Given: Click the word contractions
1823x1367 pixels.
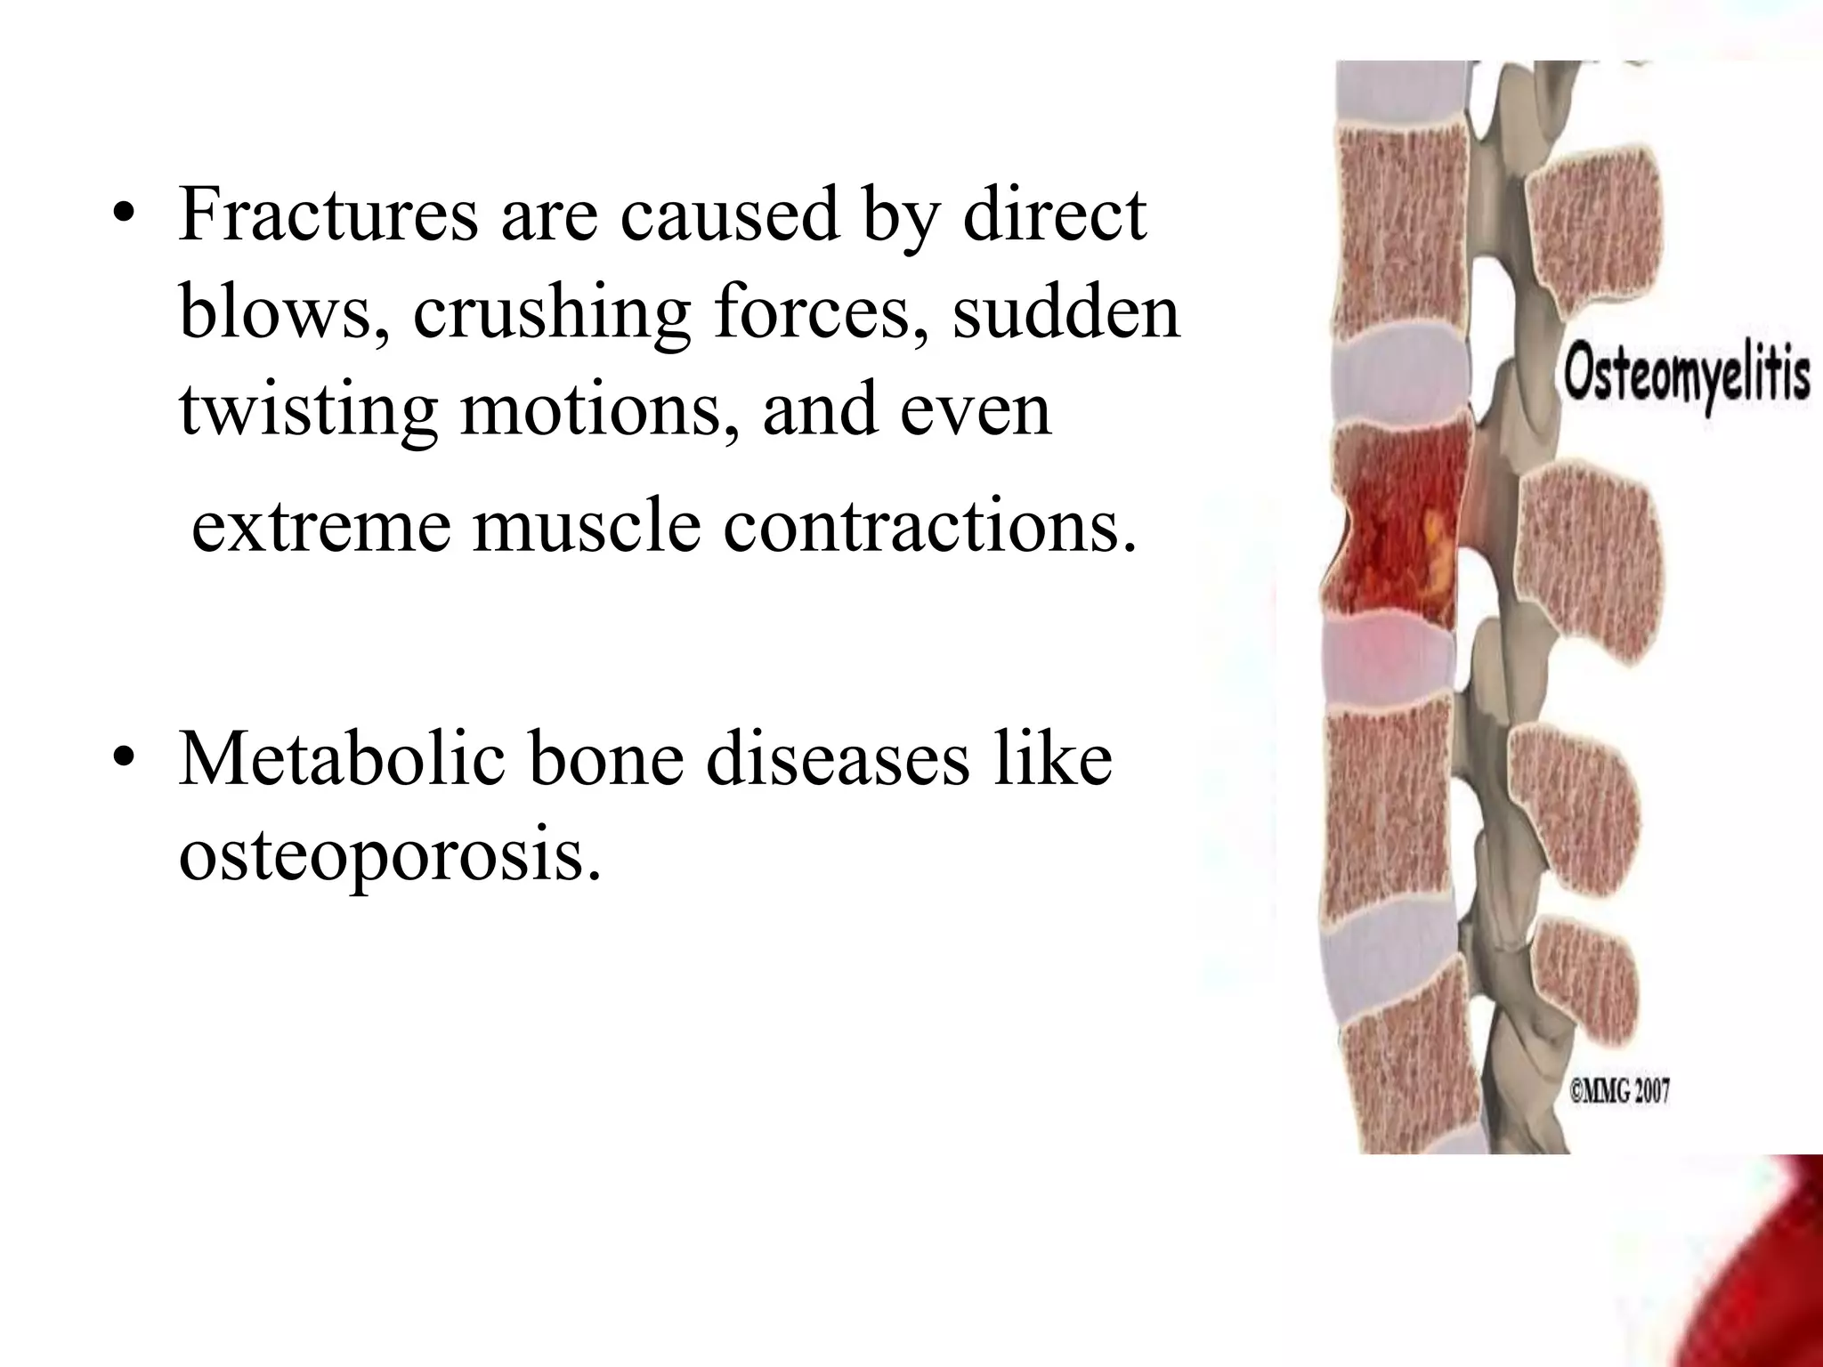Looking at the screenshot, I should click(930, 527).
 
